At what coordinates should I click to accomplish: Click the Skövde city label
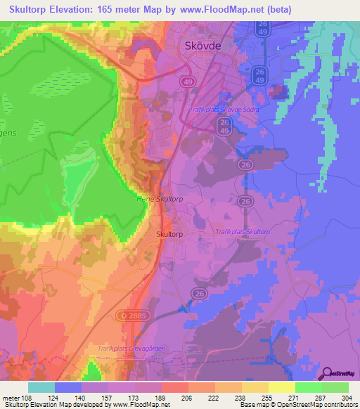click(202, 47)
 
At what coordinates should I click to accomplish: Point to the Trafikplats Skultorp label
click(243, 231)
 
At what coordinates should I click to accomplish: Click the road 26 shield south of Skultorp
click(199, 294)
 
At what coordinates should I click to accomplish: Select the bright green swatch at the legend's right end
click(335, 387)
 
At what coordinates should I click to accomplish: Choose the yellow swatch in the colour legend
click(282, 387)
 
